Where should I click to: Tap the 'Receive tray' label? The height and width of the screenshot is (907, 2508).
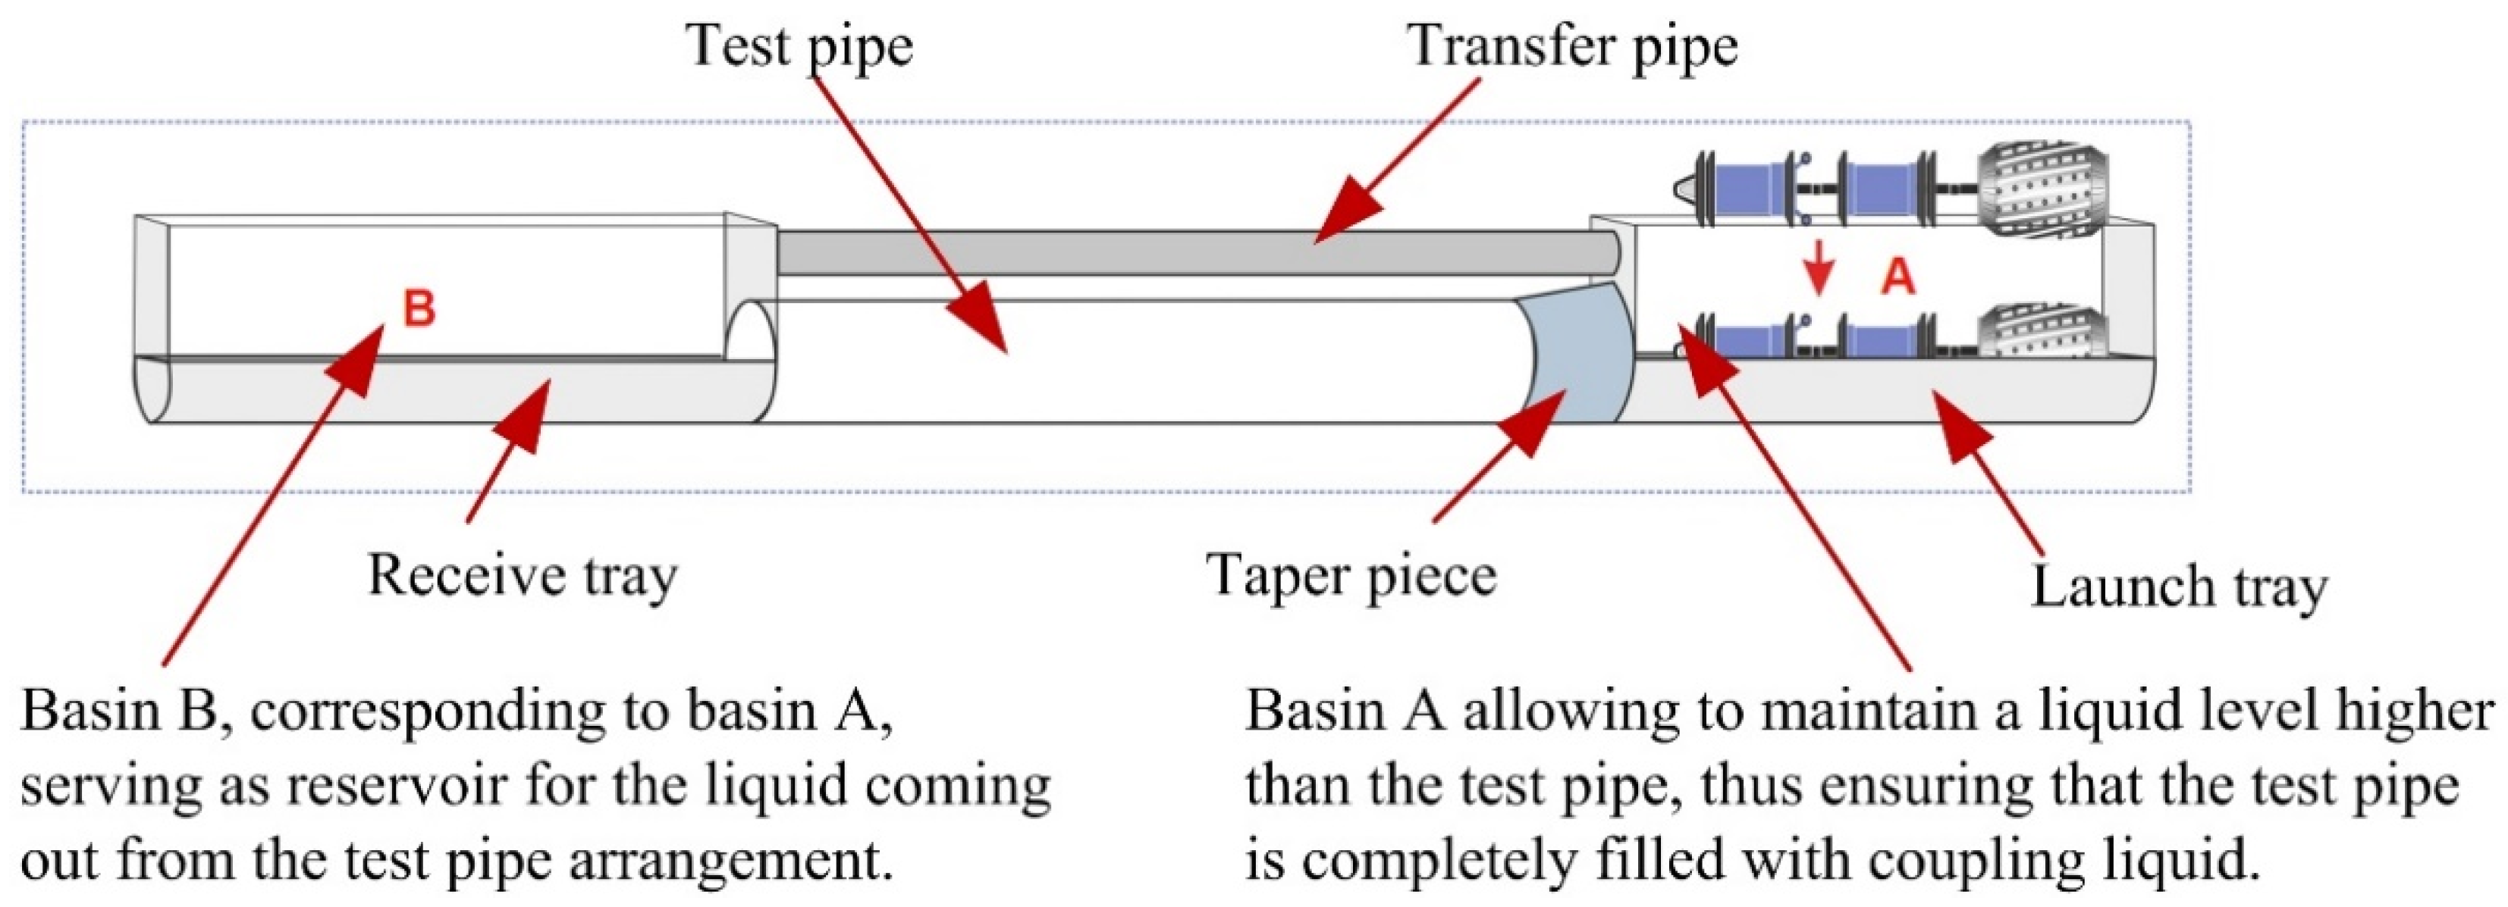522,576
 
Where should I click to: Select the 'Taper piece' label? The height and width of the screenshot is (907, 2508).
1351,574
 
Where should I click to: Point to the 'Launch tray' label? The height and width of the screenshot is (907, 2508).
2178,586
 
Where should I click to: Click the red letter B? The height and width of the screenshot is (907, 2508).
419,309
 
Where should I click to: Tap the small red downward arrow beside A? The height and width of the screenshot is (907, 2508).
1818,277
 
